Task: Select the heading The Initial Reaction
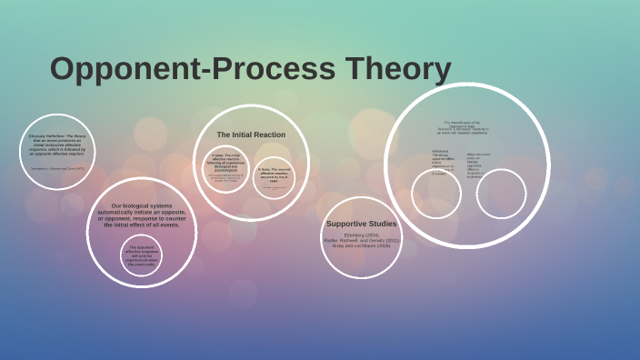point(251,135)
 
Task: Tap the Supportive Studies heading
point(361,224)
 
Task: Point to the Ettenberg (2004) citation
point(361,235)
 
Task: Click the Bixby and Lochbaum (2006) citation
point(361,245)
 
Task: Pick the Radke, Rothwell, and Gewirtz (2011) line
point(361,240)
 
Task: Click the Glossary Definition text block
point(56,145)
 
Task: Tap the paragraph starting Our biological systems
point(141,215)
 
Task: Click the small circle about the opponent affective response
point(141,255)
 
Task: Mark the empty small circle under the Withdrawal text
point(435,195)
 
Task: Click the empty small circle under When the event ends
point(501,194)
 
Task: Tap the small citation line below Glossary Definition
point(56,168)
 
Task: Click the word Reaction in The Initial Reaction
point(269,135)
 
